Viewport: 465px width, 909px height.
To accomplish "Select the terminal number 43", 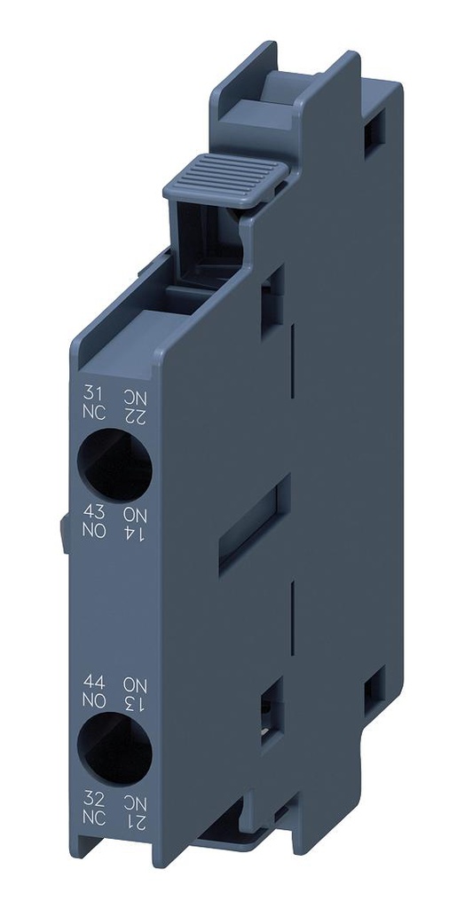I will (91, 512).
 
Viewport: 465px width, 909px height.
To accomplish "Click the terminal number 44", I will (91, 683).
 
